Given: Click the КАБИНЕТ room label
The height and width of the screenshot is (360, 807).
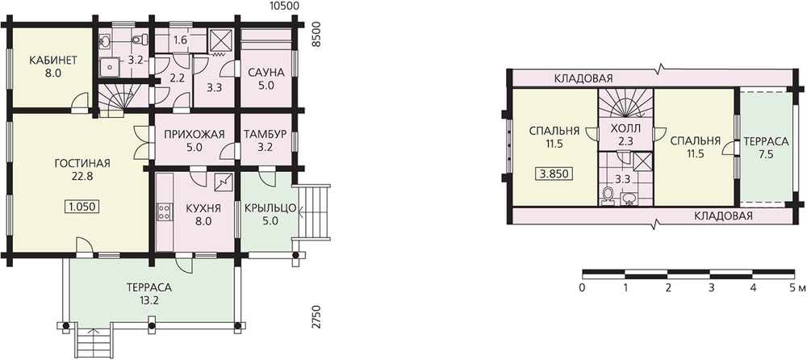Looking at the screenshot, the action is (53, 61).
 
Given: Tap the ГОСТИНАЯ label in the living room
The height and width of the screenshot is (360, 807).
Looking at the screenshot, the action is (82, 164).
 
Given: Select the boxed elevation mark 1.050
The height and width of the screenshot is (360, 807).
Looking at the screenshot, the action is (82, 207).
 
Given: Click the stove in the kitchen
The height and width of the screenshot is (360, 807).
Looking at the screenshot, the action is (164, 211).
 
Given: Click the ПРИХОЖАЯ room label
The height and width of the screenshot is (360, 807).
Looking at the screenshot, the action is (194, 135).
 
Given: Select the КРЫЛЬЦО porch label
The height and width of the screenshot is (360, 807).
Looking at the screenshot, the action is (270, 208).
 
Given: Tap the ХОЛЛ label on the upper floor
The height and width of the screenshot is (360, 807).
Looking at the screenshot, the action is (625, 128).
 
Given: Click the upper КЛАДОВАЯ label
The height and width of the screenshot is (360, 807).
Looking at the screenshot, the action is (583, 78).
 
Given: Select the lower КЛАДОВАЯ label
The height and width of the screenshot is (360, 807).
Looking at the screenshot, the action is (723, 216).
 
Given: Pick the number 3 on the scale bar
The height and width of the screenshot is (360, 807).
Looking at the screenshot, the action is (711, 287).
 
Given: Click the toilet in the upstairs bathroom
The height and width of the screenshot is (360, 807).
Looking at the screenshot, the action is (608, 195).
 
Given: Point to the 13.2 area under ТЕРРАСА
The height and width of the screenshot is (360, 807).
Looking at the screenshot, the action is (148, 300).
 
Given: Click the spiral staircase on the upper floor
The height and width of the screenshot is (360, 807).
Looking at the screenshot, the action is (625, 103).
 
